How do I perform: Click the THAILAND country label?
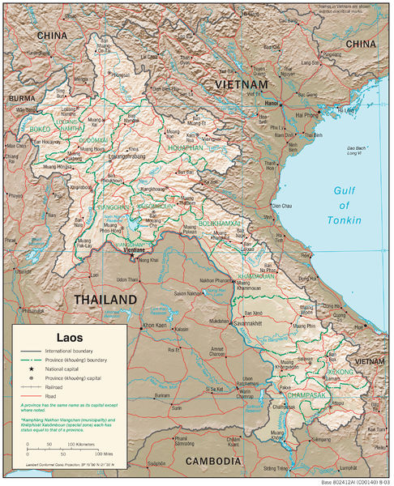click(106, 300)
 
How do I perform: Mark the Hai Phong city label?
click(307, 116)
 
